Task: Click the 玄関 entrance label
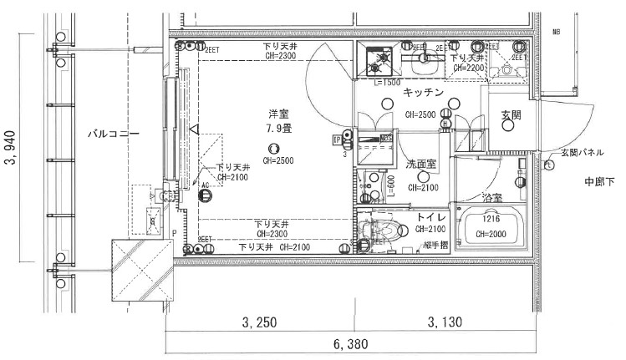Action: (x=511, y=114)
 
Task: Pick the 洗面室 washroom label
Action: (x=422, y=165)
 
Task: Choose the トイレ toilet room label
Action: (x=432, y=217)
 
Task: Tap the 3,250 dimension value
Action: (x=260, y=321)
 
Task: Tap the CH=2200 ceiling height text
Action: (x=469, y=67)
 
